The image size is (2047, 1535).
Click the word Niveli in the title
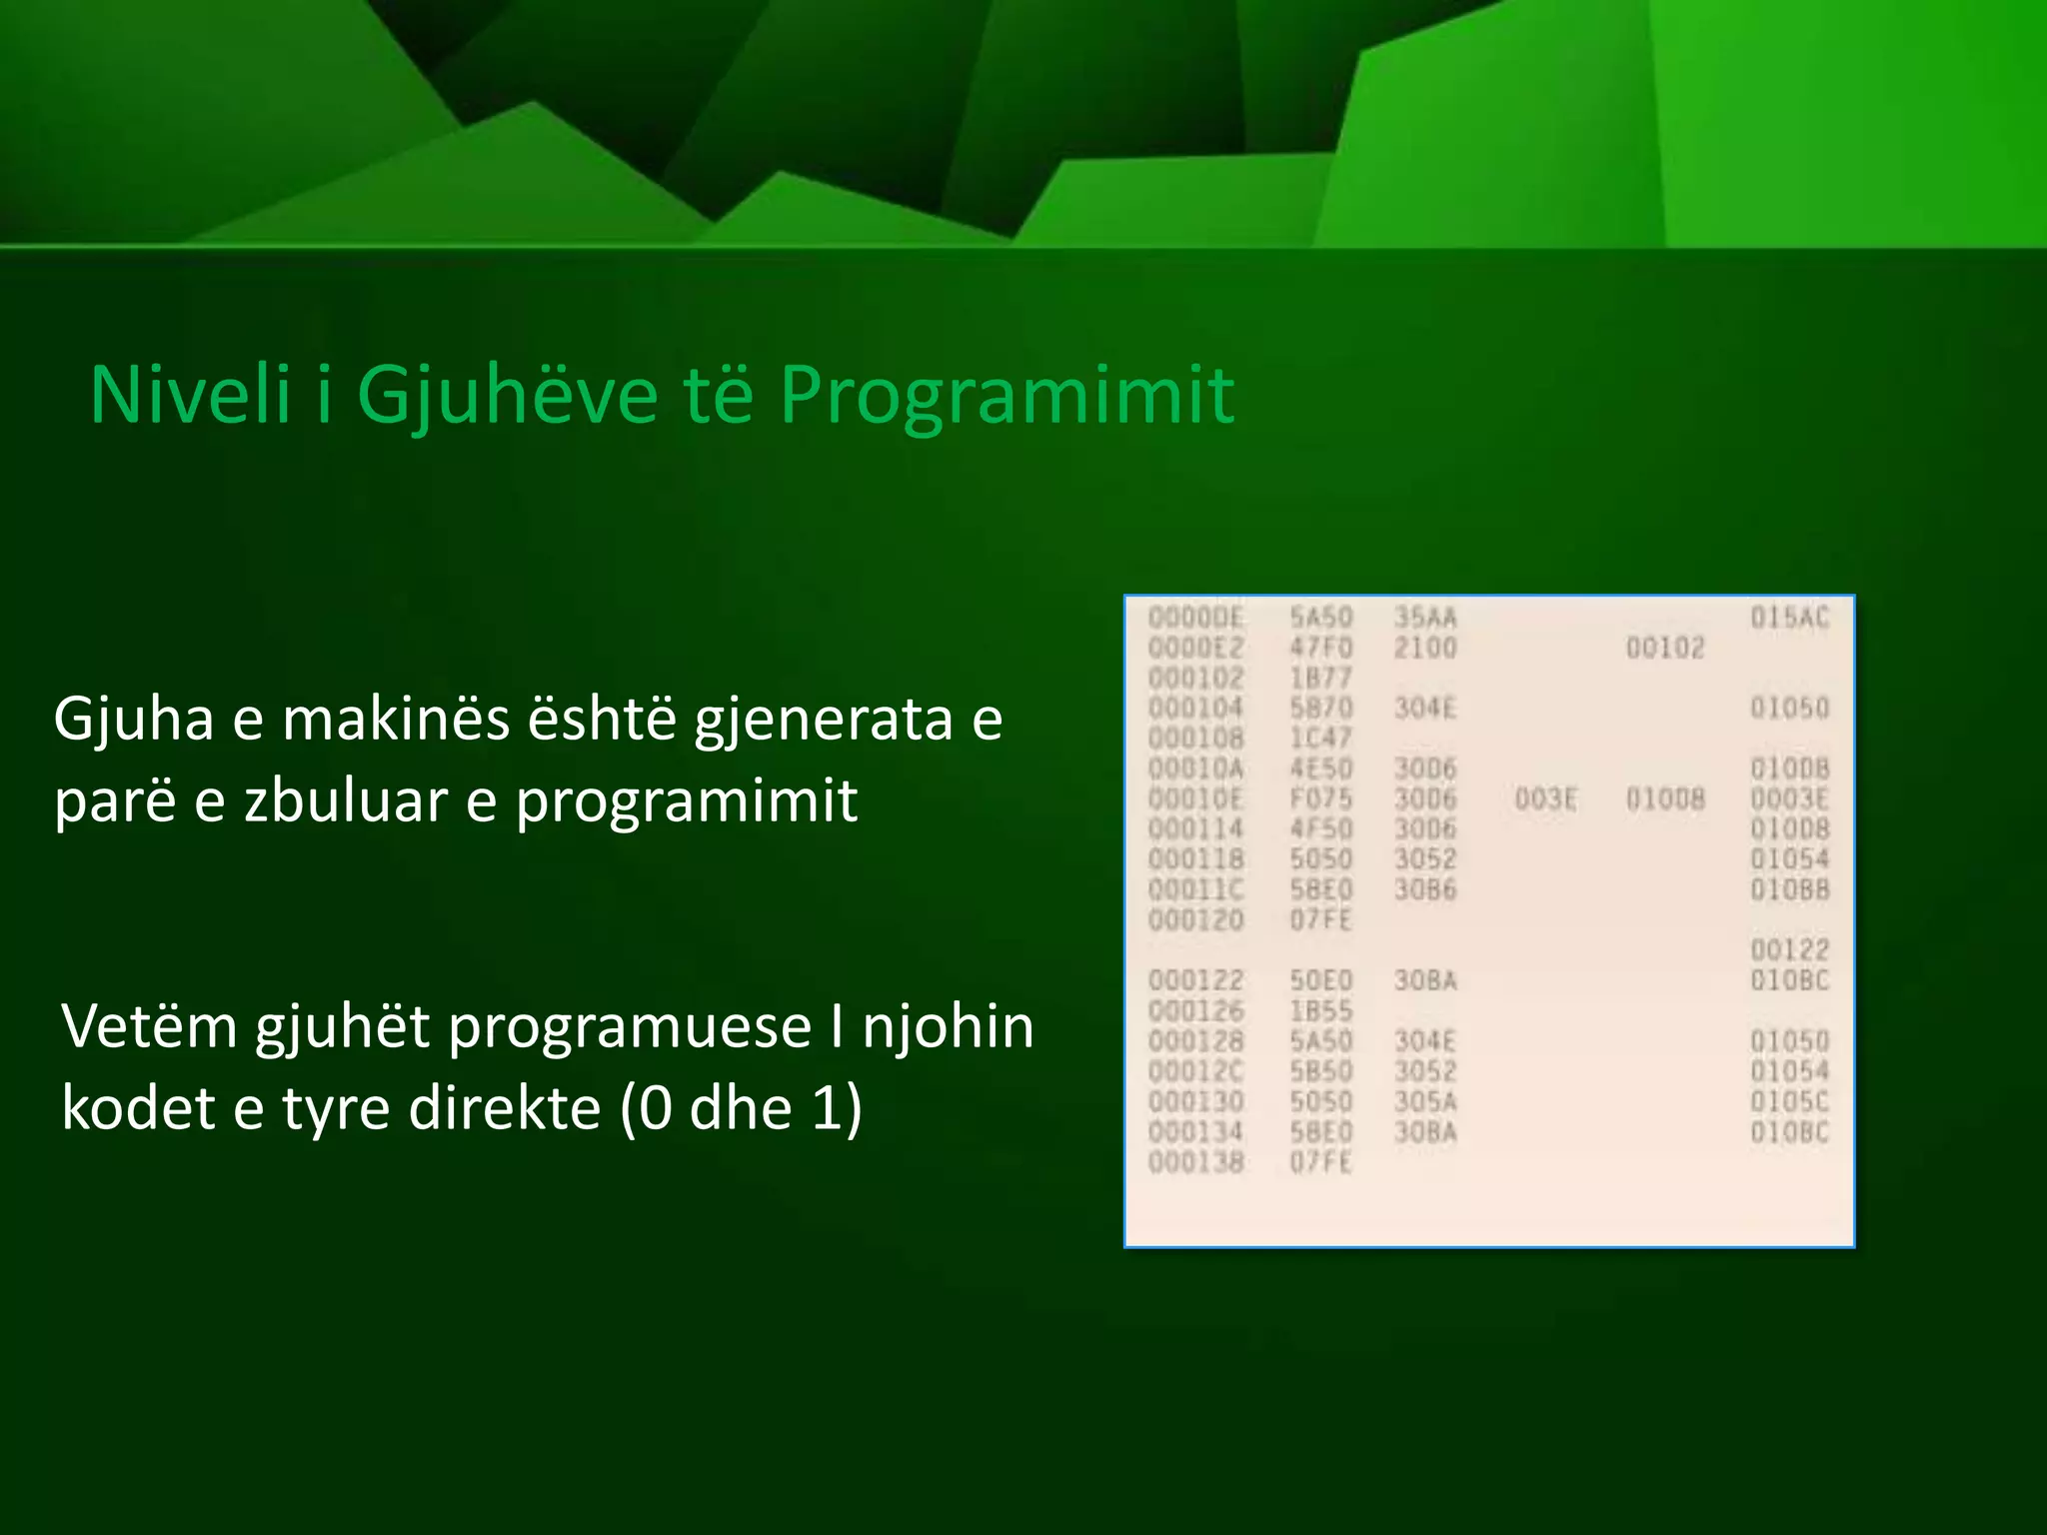[190, 395]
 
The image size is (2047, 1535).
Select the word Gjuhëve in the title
[507, 397]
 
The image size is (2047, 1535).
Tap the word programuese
[630, 1028]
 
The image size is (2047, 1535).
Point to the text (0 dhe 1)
[740, 1108]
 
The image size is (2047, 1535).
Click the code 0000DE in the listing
[1196, 618]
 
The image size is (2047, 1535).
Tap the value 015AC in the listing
[1789, 618]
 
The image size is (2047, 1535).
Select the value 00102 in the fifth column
[1664, 648]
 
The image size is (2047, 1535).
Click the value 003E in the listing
[1545, 798]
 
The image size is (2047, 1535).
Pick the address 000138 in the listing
[1196, 1162]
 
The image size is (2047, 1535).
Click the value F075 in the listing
[1320, 798]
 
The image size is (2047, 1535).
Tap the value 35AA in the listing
[1425, 618]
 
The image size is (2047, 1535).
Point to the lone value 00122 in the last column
[1789, 949]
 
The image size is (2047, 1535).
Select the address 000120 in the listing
[1196, 919]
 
